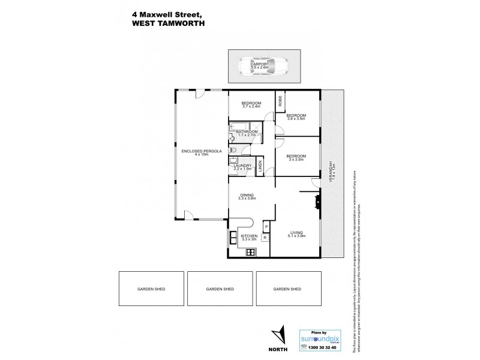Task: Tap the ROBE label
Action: pyautogui.click(x=280, y=102)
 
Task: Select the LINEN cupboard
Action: pyautogui.click(x=260, y=168)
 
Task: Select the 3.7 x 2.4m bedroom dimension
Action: pyautogui.click(x=251, y=106)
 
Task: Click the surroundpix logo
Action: pyautogui.click(x=323, y=338)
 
